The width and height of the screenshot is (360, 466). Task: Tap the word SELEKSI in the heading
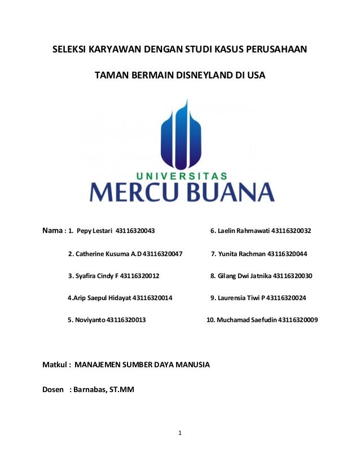point(71,50)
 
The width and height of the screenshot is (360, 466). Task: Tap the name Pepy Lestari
point(94,231)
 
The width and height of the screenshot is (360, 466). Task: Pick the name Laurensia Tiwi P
point(241,298)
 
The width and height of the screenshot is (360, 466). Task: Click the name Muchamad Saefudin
point(246,320)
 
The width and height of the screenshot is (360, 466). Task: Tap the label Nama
point(54,231)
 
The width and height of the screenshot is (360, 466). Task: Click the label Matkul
point(56,365)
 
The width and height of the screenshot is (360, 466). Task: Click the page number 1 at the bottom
point(179,433)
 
